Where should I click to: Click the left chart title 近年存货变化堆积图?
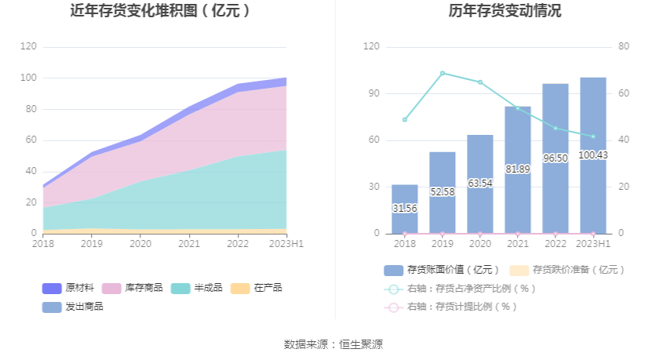click(160, 11)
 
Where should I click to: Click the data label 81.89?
click(518, 169)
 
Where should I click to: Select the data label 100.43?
click(593, 155)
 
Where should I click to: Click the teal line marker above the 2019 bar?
click(443, 73)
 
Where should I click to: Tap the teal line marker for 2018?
click(405, 119)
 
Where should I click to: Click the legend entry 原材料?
click(71, 288)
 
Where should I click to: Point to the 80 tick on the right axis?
click(624, 46)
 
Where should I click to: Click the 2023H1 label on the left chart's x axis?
click(287, 244)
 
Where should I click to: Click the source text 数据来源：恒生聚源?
click(333, 344)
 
